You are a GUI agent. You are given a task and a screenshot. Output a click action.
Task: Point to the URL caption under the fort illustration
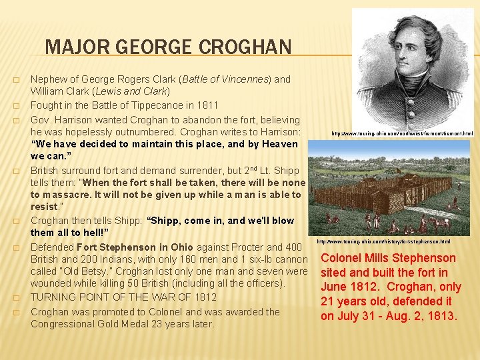click(x=383, y=241)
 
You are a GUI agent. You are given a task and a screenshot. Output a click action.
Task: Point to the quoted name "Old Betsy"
click(x=85, y=271)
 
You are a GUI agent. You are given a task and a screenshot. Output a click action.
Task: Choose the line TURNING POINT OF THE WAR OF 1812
click(x=123, y=297)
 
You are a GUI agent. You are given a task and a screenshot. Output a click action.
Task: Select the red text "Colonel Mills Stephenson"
click(x=389, y=258)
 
